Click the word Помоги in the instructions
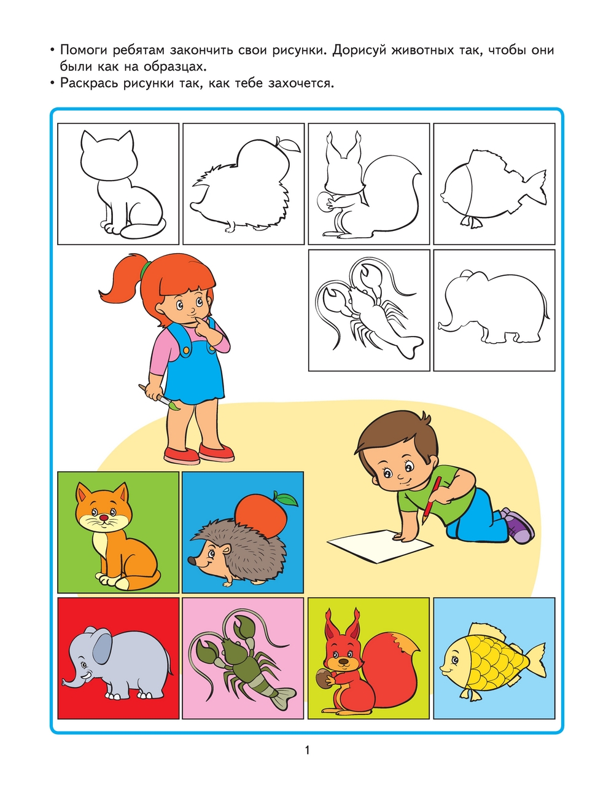[84, 50]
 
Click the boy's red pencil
[432, 500]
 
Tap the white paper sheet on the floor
[379, 546]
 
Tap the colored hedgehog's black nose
[192, 560]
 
